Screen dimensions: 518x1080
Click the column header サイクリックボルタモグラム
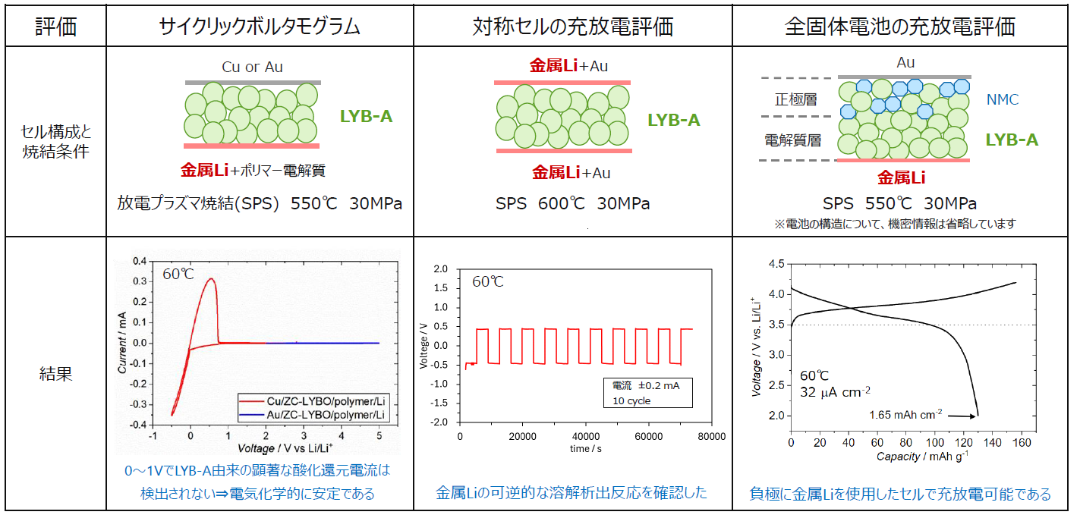pos(260,27)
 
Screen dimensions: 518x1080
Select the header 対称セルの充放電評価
pos(572,27)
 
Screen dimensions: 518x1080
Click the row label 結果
pos(55,373)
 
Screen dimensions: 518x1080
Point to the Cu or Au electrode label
pos(252,67)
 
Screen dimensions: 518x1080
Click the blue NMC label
pos(1003,99)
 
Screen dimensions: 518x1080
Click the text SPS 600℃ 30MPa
pos(572,203)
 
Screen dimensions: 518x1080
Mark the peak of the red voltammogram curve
pos(210,278)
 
